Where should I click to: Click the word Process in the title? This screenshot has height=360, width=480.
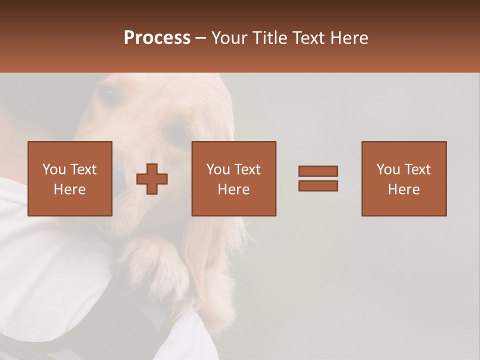pyautogui.click(x=157, y=38)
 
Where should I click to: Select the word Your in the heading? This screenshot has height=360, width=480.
pyautogui.click(x=229, y=38)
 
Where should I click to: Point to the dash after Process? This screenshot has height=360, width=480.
pyautogui.click(x=201, y=38)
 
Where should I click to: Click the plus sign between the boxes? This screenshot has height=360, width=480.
pyautogui.click(x=152, y=179)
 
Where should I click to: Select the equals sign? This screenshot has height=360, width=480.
pyautogui.click(x=318, y=178)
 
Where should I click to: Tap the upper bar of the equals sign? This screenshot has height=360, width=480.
pyautogui.click(x=318, y=171)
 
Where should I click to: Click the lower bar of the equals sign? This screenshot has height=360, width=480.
pyautogui.click(x=318, y=185)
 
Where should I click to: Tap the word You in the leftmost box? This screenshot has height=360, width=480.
pyautogui.click(x=54, y=169)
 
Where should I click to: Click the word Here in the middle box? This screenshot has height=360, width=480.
pyautogui.click(x=234, y=189)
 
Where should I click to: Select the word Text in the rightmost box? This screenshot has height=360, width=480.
pyautogui.click(x=417, y=169)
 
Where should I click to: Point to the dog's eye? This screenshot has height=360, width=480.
pyautogui.click(x=107, y=94)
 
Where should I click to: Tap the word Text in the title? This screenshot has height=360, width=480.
pyautogui.click(x=310, y=38)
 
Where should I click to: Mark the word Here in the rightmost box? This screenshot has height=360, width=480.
pyautogui.click(x=404, y=189)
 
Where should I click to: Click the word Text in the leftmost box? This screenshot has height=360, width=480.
pyautogui.click(x=83, y=169)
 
